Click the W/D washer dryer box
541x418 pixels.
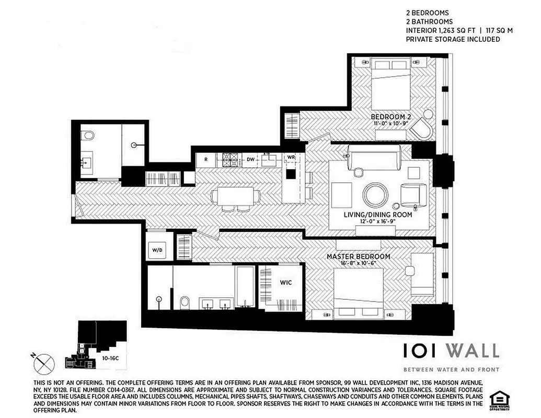coord(157,250)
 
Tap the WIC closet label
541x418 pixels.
coord(285,283)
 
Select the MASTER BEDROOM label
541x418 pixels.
coord(359,257)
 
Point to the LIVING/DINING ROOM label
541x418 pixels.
coord(378,215)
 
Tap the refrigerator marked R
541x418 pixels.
coord(206,159)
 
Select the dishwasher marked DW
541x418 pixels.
coord(250,159)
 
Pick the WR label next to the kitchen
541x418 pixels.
coord(291,158)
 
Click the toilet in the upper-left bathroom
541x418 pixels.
coord(88,136)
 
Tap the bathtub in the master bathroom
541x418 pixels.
coord(245,287)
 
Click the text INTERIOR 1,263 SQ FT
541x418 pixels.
coord(440,31)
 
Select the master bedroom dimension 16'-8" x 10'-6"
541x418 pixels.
coord(359,264)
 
